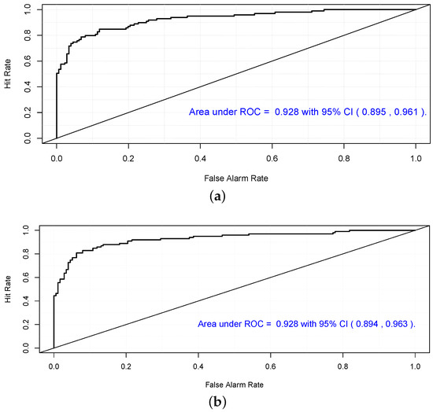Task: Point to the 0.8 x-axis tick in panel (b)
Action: [x=342, y=366]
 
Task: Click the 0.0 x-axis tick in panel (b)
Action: [x=54, y=366]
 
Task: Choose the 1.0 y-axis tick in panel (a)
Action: [x=28, y=9]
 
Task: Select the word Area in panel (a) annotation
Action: [x=200, y=112]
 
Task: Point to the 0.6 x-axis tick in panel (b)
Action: [x=270, y=366]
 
